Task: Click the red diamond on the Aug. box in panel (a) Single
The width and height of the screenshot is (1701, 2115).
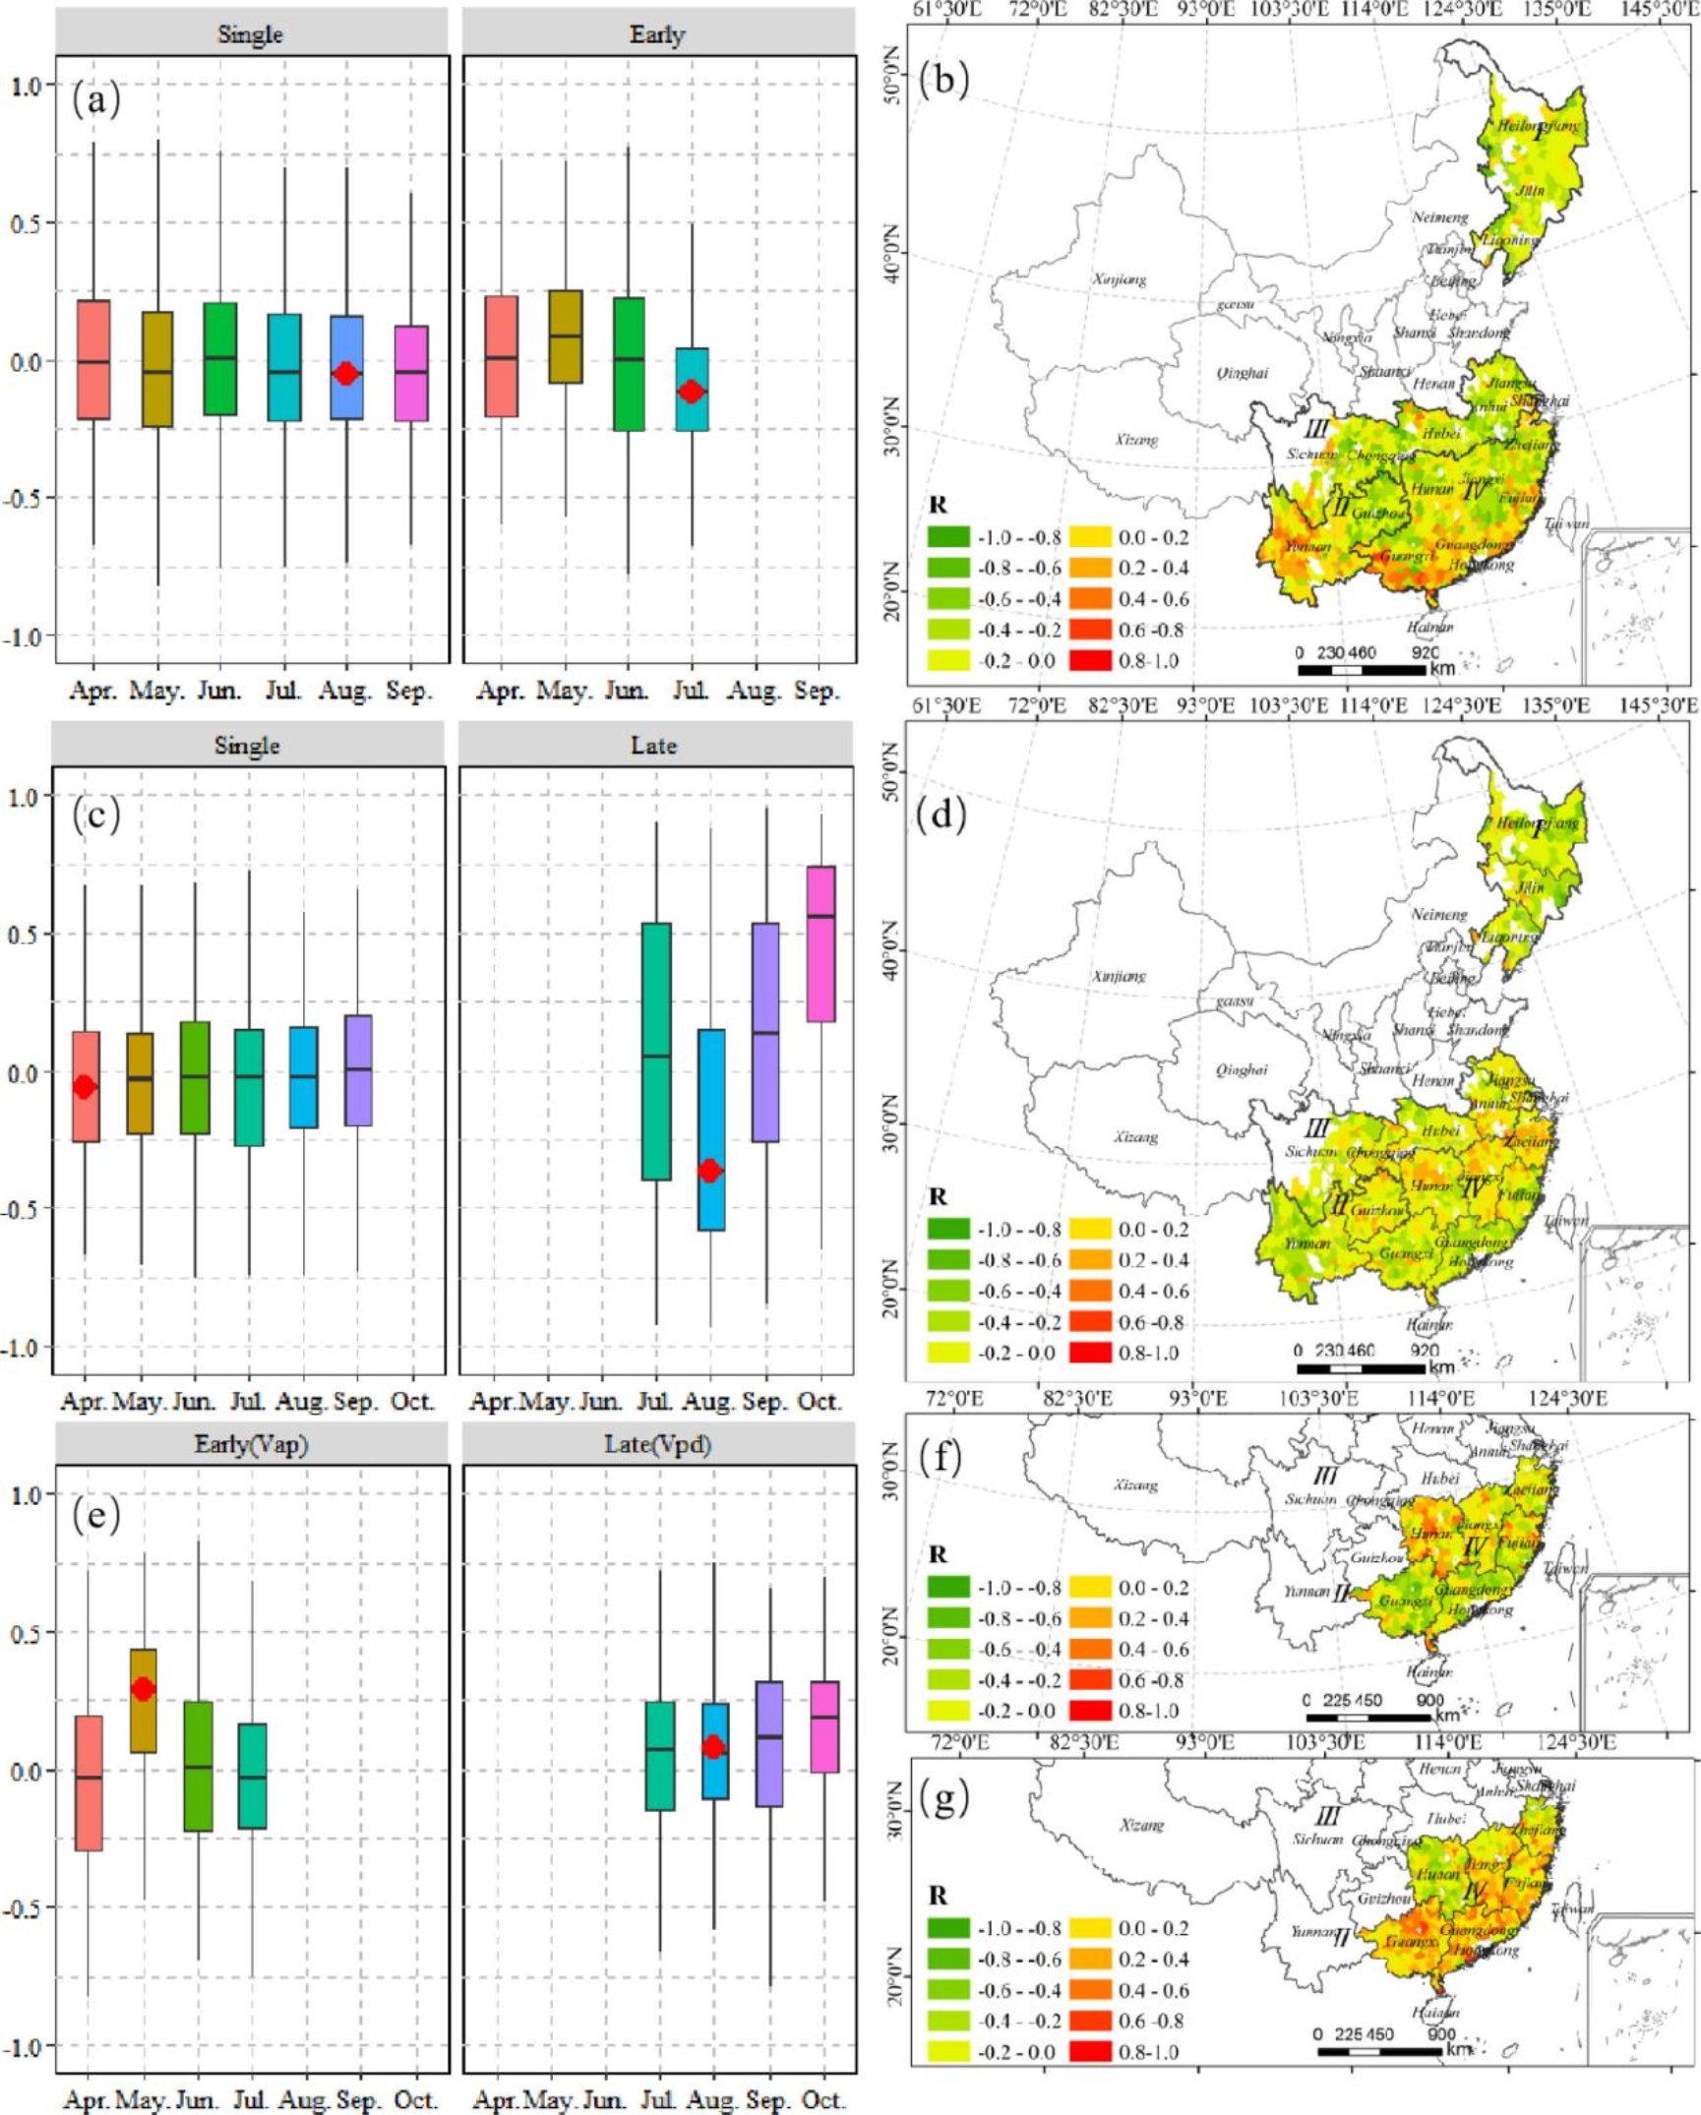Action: tap(345, 373)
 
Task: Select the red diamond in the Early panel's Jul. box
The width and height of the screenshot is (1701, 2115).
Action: tap(693, 392)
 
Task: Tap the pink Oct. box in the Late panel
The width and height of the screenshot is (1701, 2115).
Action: tap(820, 943)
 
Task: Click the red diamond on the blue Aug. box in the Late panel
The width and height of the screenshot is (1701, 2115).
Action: tap(709, 1171)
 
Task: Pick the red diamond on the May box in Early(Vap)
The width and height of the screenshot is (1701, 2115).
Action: tap(144, 1689)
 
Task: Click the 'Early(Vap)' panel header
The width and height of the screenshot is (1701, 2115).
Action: tap(251, 1444)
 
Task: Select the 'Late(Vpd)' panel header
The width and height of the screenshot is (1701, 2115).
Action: tap(657, 1444)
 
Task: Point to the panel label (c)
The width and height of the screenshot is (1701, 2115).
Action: tap(96, 815)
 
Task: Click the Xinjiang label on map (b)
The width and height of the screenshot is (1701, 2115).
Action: tap(1119, 279)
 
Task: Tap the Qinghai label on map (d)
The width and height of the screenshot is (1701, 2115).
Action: tap(1242, 1069)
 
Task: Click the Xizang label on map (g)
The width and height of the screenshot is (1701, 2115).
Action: tap(1141, 1797)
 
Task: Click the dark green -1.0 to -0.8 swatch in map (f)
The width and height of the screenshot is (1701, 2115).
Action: tap(948, 1588)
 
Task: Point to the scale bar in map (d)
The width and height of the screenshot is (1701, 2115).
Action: tap(1361, 1368)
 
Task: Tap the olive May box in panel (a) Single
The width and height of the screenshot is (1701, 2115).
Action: tap(157, 369)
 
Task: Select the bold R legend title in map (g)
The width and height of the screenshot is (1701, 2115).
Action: tap(938, 1894)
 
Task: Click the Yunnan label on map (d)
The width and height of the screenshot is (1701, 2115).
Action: tap(1307, 1243)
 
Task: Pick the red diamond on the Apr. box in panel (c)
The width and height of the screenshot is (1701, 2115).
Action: tap(86, 1087)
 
